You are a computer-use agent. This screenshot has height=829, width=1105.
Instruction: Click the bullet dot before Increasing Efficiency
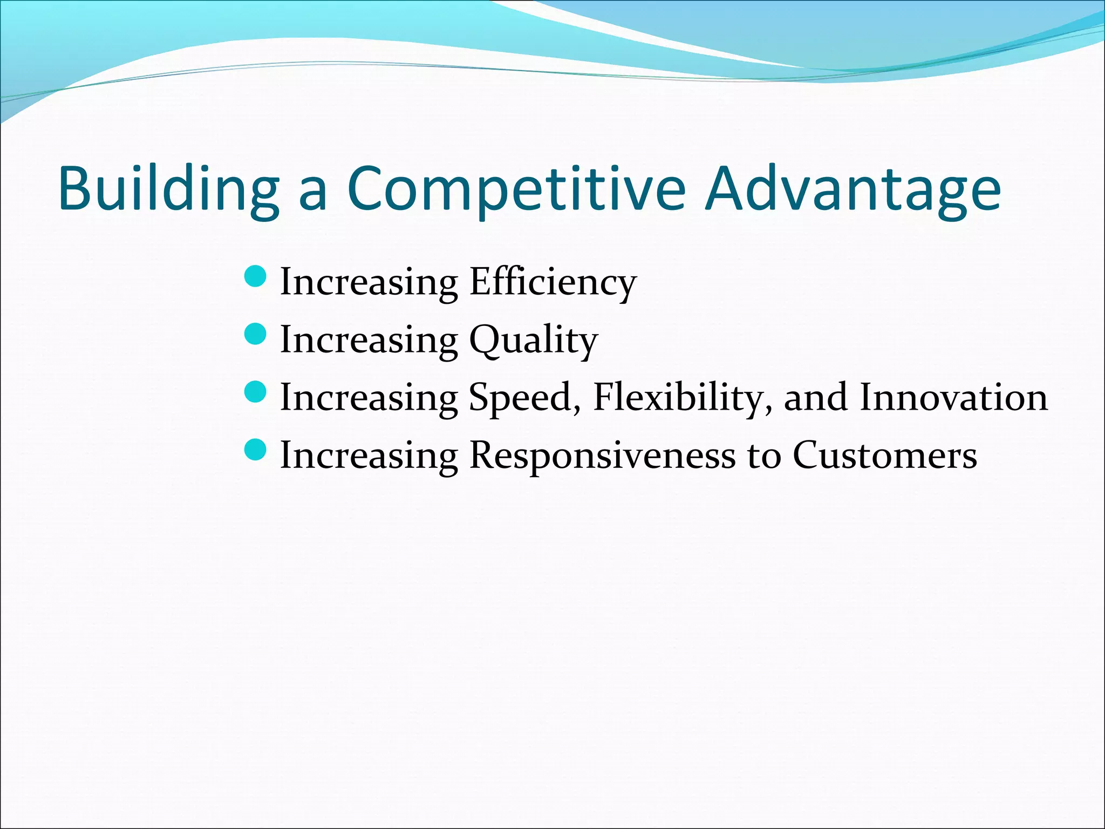click(255, 277)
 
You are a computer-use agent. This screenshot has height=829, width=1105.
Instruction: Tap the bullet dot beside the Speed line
click(255, 392)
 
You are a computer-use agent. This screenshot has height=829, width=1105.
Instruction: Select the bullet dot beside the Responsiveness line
click(255, 450)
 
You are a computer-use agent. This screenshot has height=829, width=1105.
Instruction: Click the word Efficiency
click(553, 282)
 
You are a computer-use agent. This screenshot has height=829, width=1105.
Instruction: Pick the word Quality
click(534, 341)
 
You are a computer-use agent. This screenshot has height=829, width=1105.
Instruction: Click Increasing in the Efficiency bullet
click(369, 282)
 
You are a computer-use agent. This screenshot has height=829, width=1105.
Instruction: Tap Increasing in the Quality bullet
click(369, 341)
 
